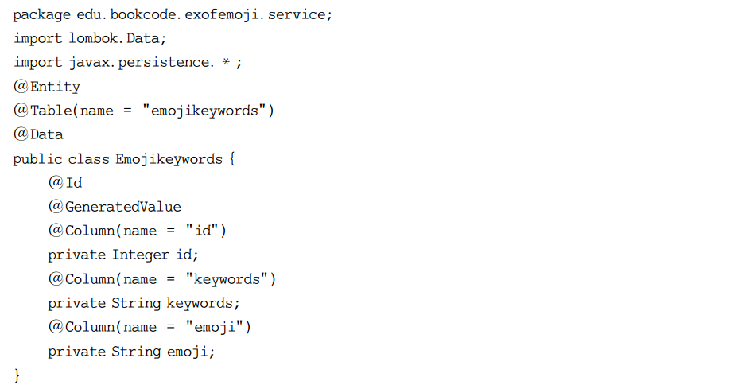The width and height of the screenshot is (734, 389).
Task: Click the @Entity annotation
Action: (x=47, y=87)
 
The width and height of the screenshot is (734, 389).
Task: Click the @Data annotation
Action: (x=38, y=134)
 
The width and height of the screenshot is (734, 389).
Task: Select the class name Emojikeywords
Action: (x=169, y=159)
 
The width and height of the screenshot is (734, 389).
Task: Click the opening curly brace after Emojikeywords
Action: (x=231, y=159)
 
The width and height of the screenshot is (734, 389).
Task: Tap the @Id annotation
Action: (x=65, y=183)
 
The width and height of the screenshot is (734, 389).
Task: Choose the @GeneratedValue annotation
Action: (x=115, y=207)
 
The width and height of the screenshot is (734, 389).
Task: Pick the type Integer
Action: (x=140, y=255)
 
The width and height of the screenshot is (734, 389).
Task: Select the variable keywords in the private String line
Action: (x=202, y=303)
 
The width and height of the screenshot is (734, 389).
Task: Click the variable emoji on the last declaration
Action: (x=190, y=352)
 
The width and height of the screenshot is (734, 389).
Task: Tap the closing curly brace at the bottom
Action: (x=17, y=375)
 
